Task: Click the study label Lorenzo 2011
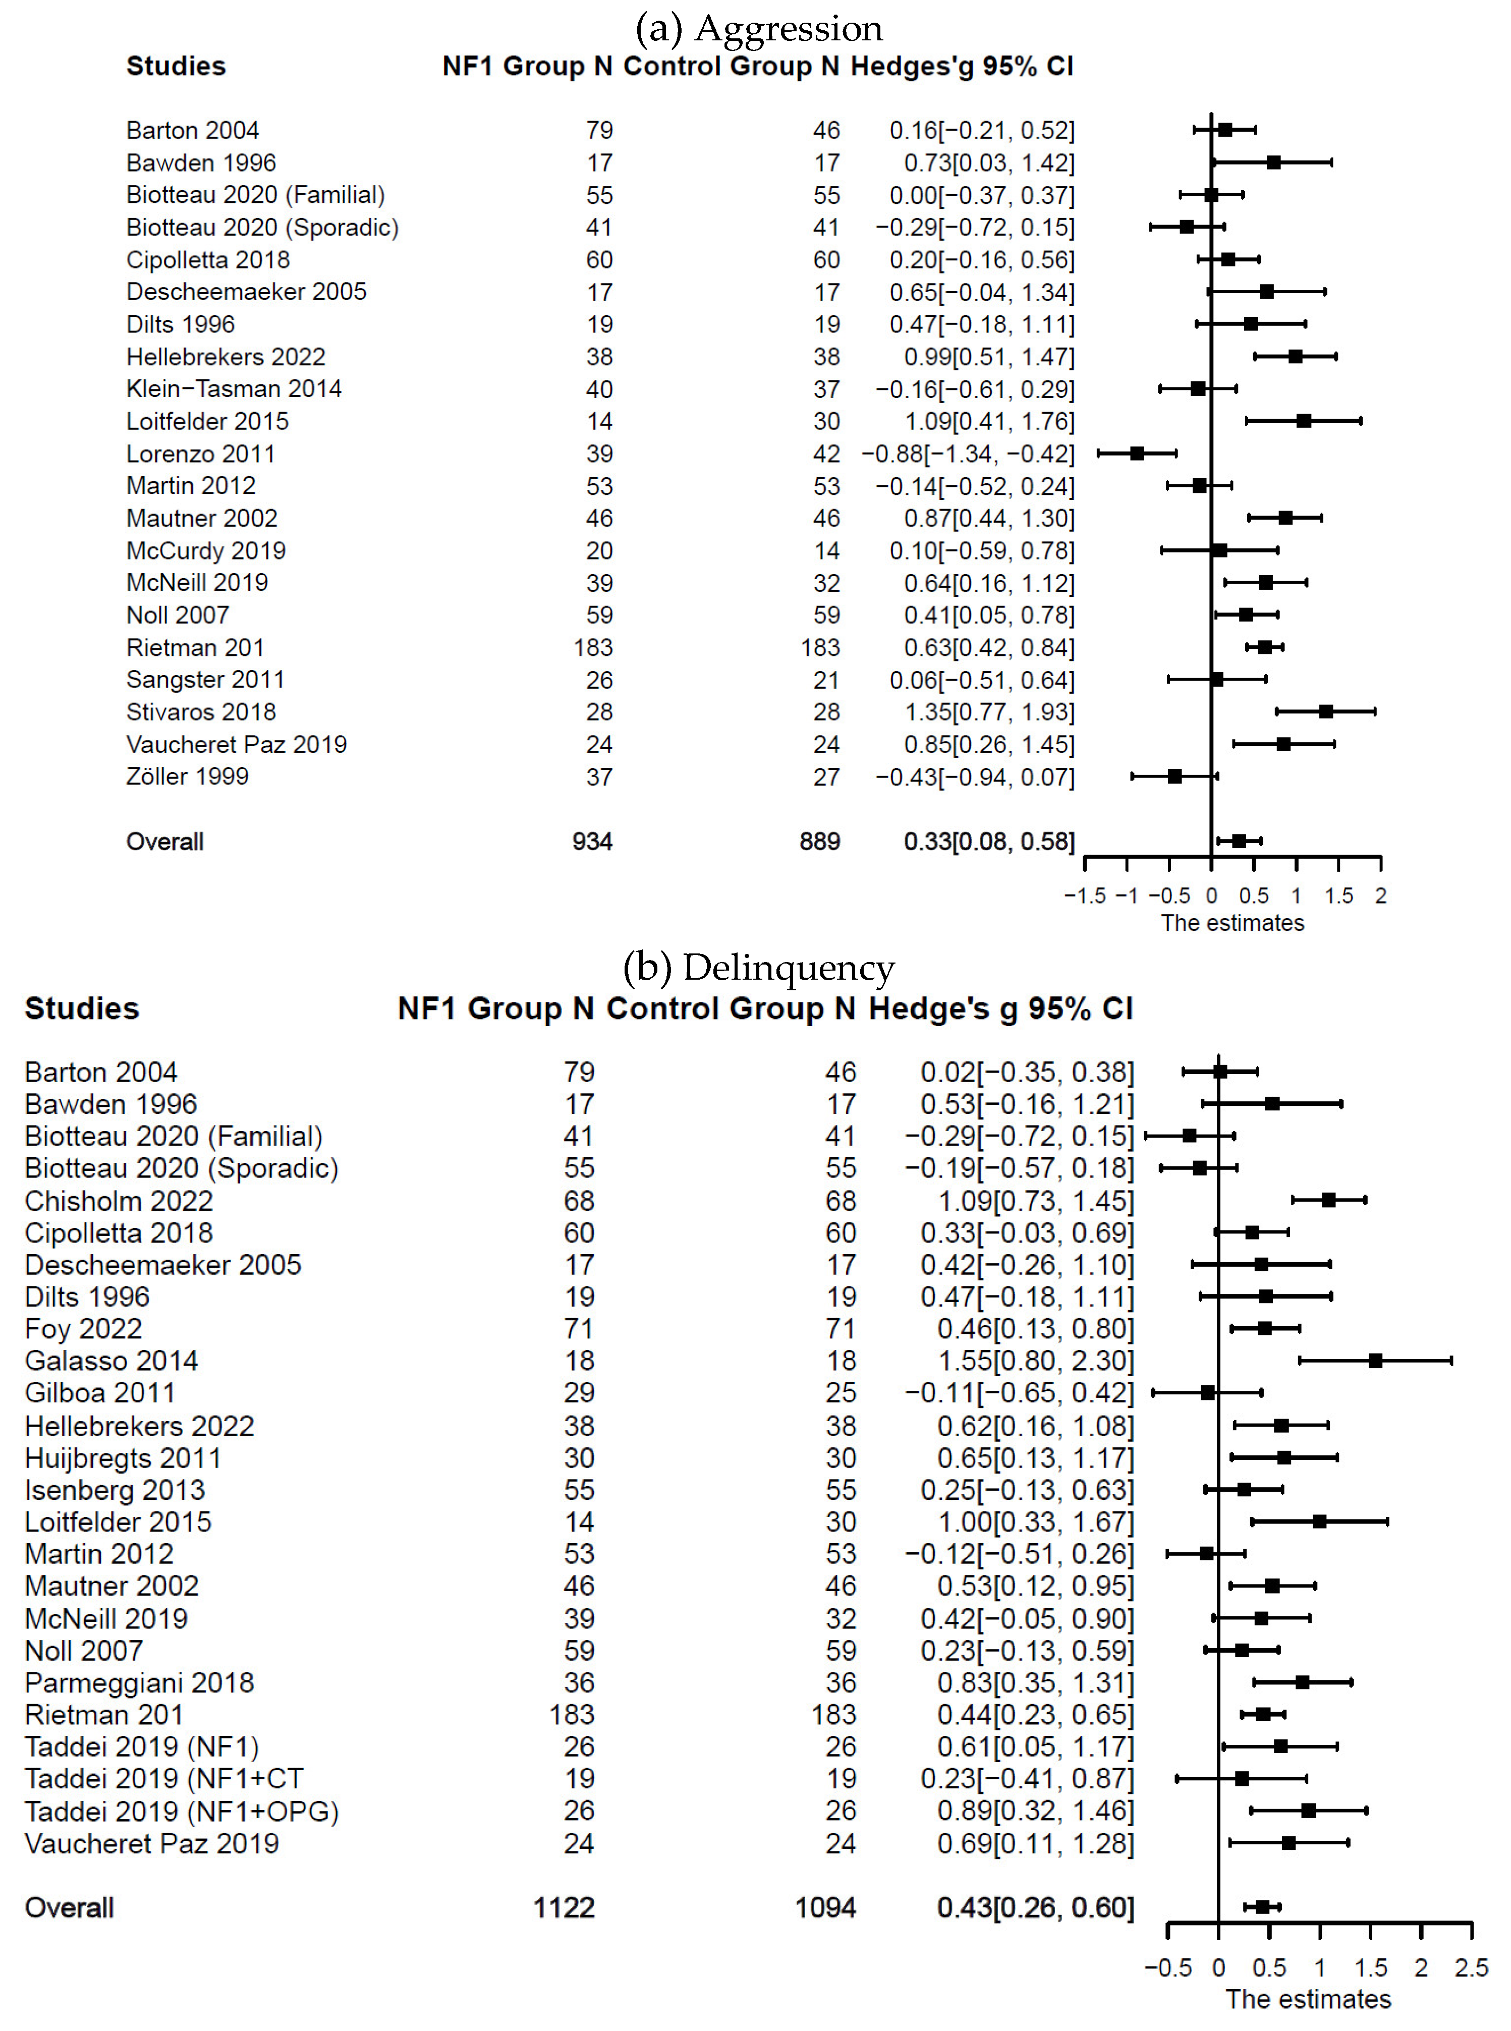[x=200, y=454]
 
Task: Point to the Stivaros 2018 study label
[x=200, y=711]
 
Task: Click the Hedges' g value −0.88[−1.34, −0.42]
[x=968, y=454]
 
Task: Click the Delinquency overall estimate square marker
[x=1262, y=1906]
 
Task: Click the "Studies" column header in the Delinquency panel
[x=81, y=1008]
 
